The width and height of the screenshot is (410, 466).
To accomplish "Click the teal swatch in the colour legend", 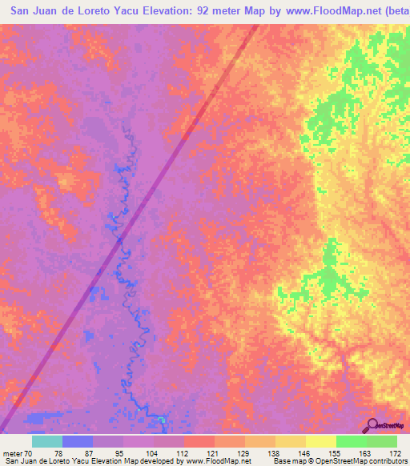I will click(47, 441).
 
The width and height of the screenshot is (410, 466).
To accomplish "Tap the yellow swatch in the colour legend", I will click(321, 441).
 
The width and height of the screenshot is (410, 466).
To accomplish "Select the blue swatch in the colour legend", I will click(78, 441).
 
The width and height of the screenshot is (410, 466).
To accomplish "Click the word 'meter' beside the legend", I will click(11, 452).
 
